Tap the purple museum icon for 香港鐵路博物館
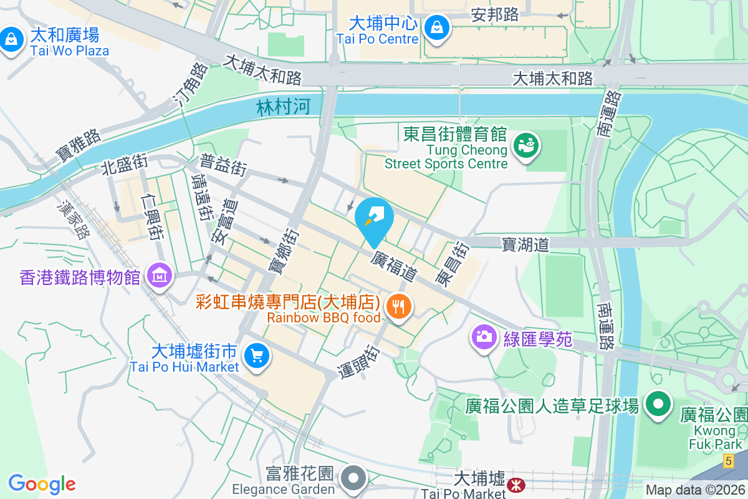coord(160,274)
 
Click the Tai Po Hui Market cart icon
coord(257,356)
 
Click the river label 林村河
coord(283,107)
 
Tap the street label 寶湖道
coord(525,244)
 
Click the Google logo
coord(42,484)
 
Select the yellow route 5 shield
coord(728,461)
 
